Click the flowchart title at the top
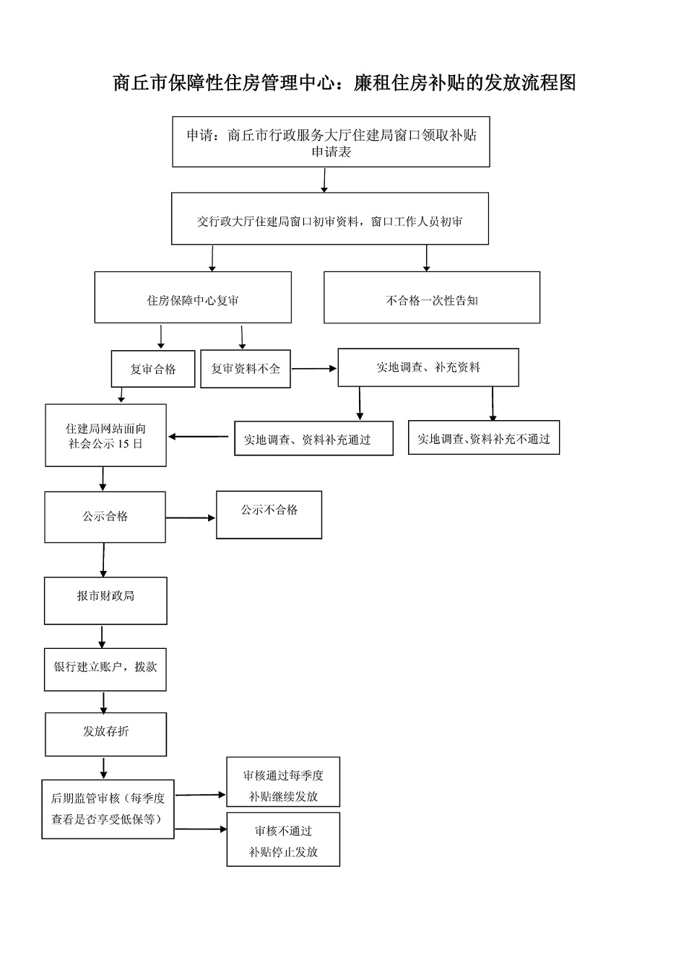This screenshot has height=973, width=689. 344,83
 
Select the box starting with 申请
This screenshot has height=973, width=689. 331,142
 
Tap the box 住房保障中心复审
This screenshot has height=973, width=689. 193,297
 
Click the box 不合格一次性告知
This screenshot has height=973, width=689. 431,297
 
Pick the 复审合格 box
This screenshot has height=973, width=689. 153,369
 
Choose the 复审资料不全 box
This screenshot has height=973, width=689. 246,369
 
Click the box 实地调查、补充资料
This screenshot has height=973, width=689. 428,367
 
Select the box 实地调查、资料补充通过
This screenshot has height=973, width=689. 313,438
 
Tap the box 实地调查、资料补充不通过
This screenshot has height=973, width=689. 484,437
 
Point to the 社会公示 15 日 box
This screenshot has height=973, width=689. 105,435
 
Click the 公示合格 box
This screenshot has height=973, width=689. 105,517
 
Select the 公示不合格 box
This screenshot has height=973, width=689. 269,515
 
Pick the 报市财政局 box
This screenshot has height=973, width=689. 105,601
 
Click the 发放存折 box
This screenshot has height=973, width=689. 105,734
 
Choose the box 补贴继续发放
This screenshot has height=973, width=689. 283,782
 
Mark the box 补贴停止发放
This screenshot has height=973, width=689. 283,839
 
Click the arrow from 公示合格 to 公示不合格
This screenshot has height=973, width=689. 191,518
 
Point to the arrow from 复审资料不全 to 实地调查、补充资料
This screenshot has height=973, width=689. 314,369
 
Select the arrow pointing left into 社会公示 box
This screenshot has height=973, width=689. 199,436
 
